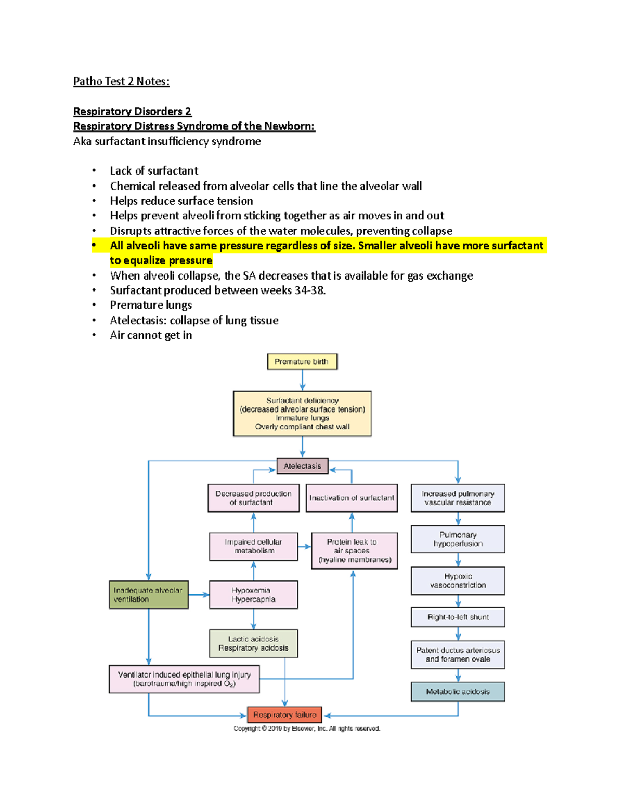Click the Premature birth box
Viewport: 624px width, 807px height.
(302, 362)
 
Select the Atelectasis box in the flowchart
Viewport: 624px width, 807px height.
(302, 466)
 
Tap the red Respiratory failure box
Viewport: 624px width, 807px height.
(284, 715)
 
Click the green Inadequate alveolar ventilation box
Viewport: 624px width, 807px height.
(148, 594)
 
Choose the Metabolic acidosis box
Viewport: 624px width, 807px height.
(458, 692)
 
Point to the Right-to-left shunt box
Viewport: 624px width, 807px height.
(458, 617)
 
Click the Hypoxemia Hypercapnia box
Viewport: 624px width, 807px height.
(253, 594)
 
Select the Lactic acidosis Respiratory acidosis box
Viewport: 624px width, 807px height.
(253, 644)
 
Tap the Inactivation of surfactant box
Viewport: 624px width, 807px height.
(352, 498)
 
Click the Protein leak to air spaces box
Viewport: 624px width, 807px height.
(354, 550)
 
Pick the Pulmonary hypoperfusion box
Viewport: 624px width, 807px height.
(458, 539)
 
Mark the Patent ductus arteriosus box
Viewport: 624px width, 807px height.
(458, 655)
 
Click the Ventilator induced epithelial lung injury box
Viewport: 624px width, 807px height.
(184, 679)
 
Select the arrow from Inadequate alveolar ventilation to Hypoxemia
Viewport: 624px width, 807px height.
(199, 594)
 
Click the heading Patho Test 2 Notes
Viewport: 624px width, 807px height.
(121, 82)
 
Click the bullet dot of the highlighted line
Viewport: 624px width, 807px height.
(94, 245)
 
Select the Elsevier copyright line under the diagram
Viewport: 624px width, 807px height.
(307, 729)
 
